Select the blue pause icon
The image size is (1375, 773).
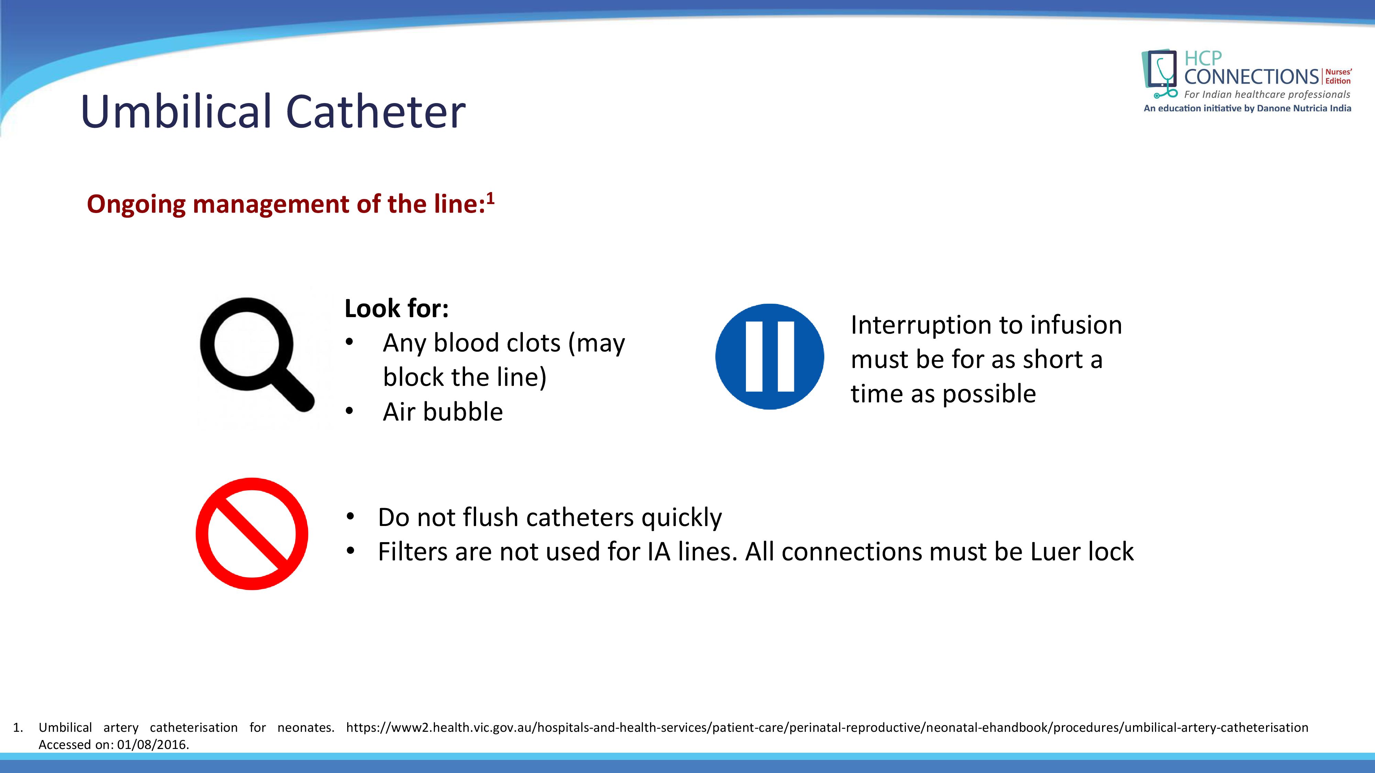tap(770, 356)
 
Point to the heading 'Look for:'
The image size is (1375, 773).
tap(397, 309)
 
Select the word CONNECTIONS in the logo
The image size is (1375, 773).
tap(1252, 77)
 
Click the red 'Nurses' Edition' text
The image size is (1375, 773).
tap(1339, 76)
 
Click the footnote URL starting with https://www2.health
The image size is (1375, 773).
tap(827, 728)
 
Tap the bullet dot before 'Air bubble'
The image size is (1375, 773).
tap(349, 411)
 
